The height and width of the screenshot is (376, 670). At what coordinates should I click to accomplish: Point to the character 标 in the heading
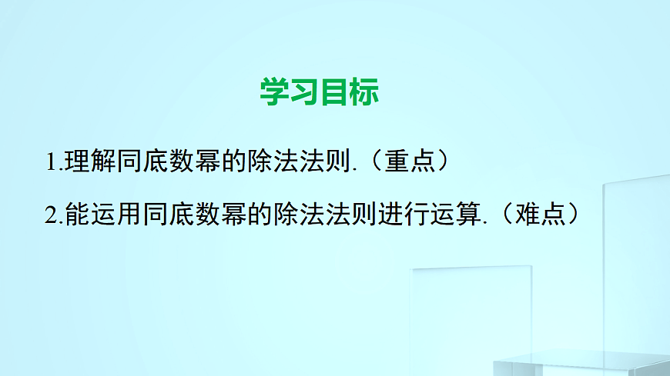click(x=364, y=92)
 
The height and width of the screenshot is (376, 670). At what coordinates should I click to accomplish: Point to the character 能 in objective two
click(x=79, y=214)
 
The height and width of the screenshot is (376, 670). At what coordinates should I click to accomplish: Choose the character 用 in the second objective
click(x=130, y=214)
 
